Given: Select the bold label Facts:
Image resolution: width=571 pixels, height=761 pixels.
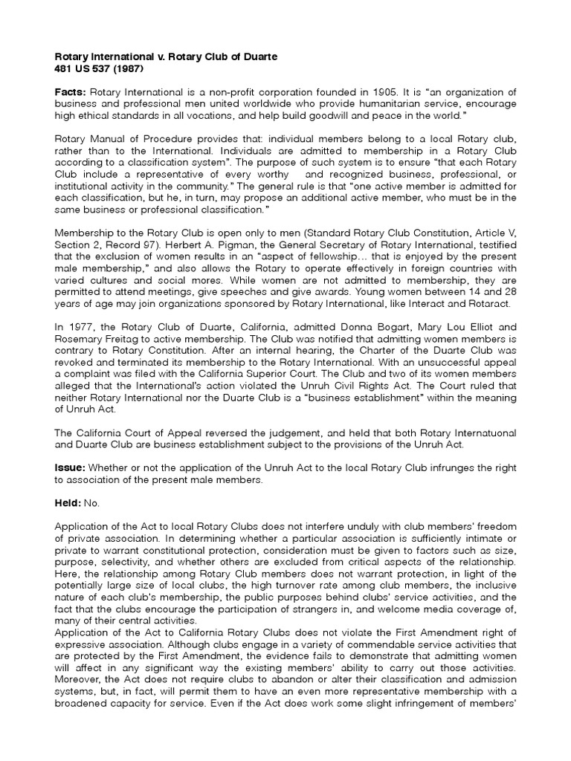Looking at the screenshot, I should click(x=71, y=91).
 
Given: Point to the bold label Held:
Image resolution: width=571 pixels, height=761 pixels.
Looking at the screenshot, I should click(x=71, y=502).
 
